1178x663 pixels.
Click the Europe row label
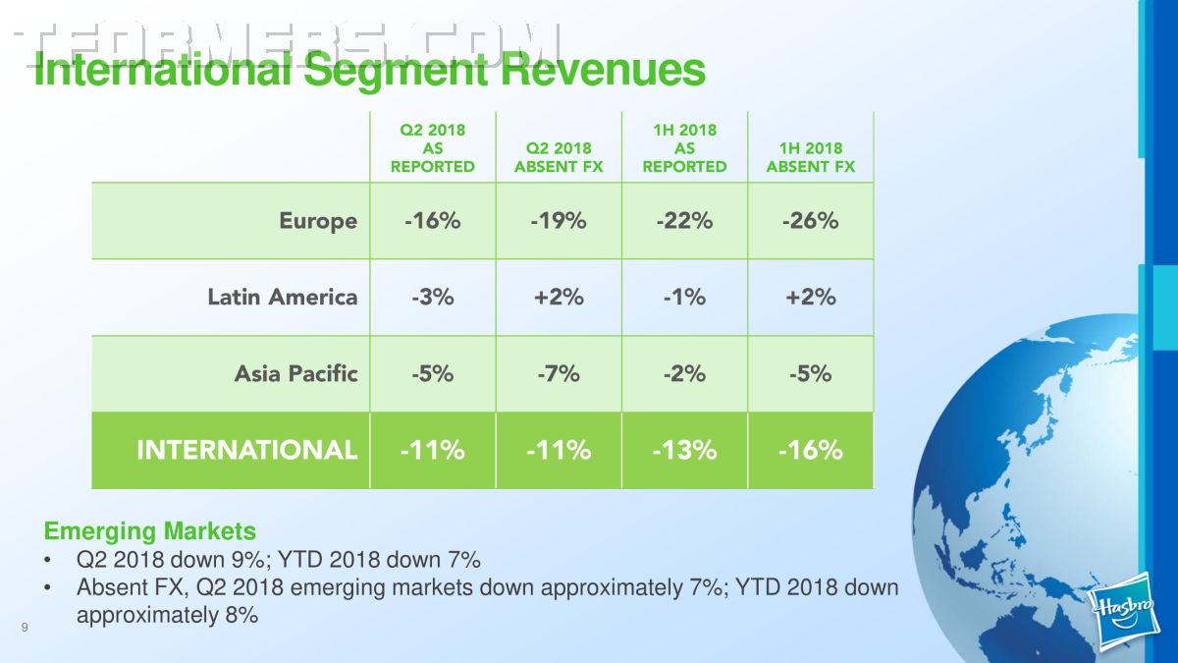click(318, 222)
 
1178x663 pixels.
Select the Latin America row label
click(283, 298)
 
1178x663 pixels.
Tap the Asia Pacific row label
click(296, 373)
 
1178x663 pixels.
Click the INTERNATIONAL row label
click(246, 451)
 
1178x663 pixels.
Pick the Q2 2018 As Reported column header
click(433, 148)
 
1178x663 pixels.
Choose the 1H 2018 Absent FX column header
click(811, 157)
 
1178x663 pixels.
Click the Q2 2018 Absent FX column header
click(559, 157)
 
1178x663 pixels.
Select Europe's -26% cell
click(811, 221)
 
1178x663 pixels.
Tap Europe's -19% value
click(559, 221)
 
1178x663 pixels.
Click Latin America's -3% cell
click(433, 298)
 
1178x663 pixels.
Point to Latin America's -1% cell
click(685, 298)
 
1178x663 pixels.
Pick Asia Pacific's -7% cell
click(559, 374)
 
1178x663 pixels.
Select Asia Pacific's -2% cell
click(685, 374)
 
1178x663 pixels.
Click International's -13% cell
click(685, 451)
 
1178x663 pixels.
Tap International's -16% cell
click(811, 451)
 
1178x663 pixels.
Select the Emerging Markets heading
click(150, 531)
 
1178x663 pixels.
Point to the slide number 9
click(25, 628)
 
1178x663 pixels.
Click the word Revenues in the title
click(603, 71)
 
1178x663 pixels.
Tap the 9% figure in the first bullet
click(247, 559)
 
